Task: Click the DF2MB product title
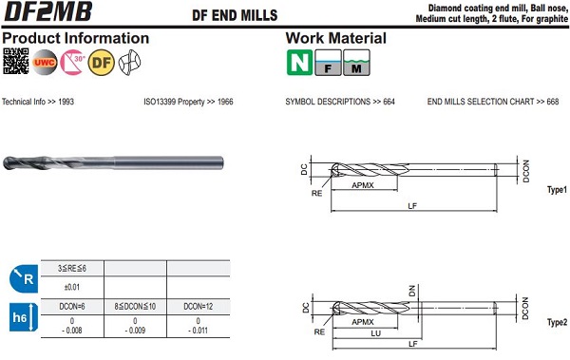[47, 11]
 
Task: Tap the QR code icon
[15, 61]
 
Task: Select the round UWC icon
[45, 62]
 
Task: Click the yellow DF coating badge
[102, 63]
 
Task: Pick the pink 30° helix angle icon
[73, 62]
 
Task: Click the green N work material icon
[299, 63]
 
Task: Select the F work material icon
[328, 63]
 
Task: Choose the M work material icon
[356, 63]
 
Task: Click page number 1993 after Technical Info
[66, 102]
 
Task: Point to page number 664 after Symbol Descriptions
[389, 102]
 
